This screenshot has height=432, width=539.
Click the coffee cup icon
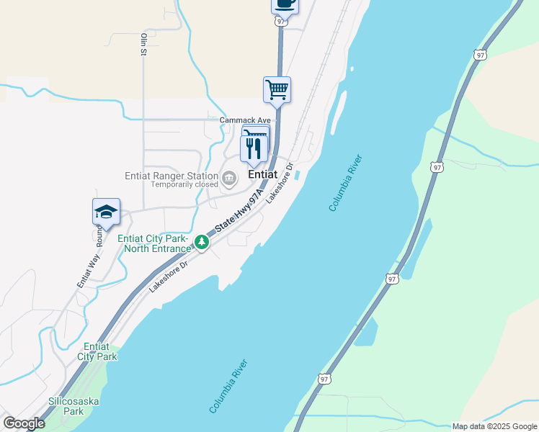285,4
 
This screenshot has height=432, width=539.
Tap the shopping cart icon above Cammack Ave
277,90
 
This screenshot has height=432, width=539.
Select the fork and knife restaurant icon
254,148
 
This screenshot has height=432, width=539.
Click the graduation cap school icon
106,212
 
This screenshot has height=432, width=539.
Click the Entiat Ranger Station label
171,176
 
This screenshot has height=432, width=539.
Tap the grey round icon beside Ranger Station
229,178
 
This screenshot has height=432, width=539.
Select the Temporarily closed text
184,184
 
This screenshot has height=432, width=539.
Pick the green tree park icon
202,245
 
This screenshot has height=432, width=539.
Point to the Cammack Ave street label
245,120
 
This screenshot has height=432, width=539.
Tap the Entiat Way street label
89,270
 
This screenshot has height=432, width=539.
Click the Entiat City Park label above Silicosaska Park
97,351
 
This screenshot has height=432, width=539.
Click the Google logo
24,423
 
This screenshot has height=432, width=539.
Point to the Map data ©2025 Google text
494,426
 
